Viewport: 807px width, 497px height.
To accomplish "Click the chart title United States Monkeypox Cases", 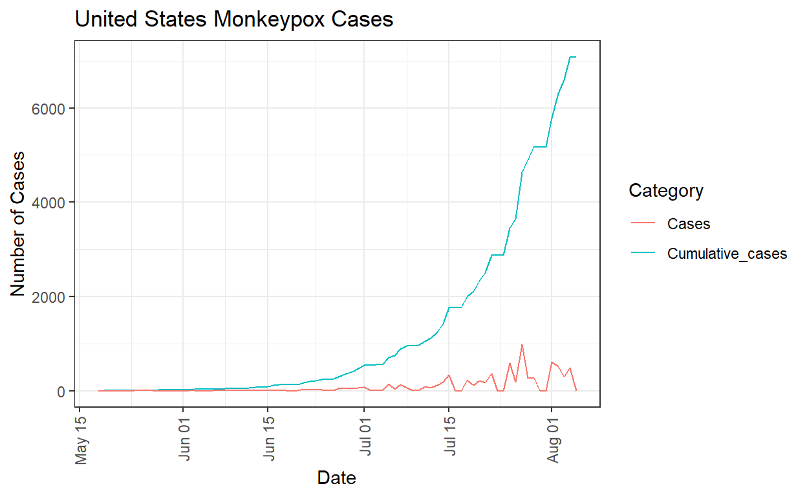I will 234,20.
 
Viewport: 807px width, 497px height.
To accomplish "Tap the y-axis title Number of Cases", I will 20,224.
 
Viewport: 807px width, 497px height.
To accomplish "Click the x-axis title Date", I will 336,478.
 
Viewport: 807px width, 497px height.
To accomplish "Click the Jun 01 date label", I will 185,441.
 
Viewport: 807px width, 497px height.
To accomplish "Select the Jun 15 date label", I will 270,441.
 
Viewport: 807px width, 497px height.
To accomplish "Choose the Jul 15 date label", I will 451,441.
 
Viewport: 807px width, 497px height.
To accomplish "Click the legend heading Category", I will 666,191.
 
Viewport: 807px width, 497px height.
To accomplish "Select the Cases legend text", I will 689,224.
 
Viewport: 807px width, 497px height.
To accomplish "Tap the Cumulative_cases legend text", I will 727,254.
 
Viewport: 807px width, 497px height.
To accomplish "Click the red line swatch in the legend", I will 643,224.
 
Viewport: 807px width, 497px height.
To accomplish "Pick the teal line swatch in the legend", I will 643,254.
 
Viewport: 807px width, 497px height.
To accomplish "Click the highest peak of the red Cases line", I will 522,345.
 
